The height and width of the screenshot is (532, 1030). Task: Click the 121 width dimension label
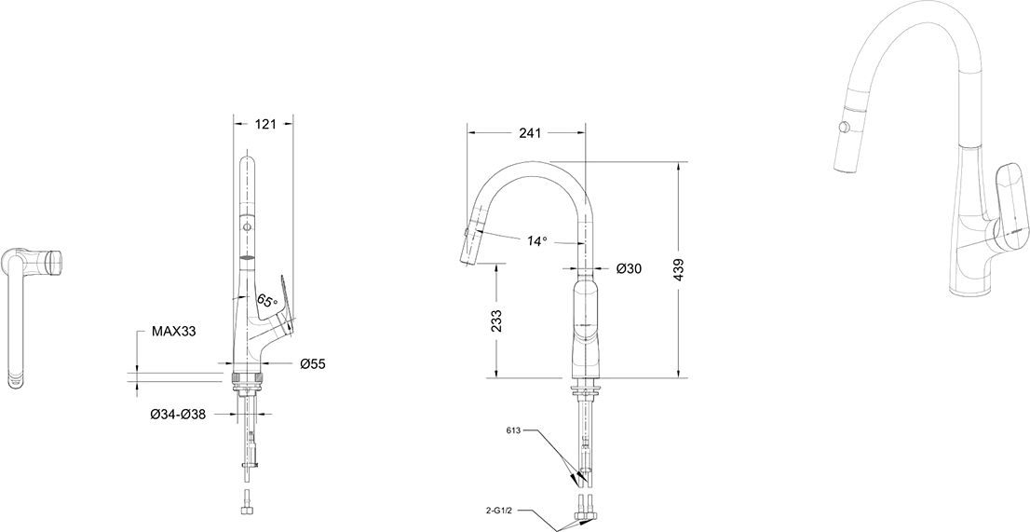[x=264, y=124]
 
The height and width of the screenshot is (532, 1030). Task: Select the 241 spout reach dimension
[x=530, y=132]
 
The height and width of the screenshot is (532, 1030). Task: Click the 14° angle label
[x=536, y=241]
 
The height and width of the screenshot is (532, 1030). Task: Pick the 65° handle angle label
[x=265, y=302]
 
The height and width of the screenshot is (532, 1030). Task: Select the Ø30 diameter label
[x=630, y=268]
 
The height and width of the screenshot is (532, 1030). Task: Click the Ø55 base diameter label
[x=313, y=363]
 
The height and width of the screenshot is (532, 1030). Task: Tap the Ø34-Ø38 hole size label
[x=178, y=415]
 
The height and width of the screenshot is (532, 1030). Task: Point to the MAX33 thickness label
[x=174, y=332]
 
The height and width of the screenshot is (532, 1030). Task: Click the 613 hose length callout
[x=514, y=430]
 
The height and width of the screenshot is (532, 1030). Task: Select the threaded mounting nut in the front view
[x=249, y=379]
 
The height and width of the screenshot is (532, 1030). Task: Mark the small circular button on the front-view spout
[x=247, y=226]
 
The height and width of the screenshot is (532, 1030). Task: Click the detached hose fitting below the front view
[x=247, y=502]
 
